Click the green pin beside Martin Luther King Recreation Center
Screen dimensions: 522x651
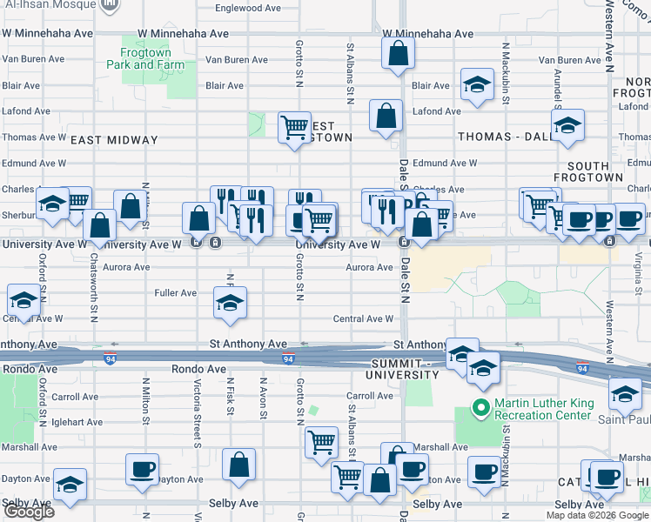(478, 406)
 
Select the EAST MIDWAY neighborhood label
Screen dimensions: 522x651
(114, 140)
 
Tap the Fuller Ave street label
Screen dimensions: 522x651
(176, 292)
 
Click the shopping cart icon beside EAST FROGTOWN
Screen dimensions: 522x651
(294, 127)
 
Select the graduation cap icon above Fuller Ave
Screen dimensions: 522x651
(230, 303)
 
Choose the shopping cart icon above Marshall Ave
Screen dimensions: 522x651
(321, 442)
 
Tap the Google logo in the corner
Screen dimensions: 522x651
(29, 512)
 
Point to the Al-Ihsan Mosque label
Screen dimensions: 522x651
(48, 3)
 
